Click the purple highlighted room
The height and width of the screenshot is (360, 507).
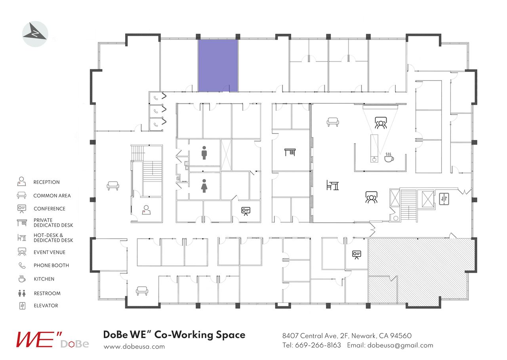pyautogui.click(x=218, y=65)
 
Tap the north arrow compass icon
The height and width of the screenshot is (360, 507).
pyautogui.click(x=35, y=34)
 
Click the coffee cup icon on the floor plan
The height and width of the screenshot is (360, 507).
pyautogui.click(x=389, y=157)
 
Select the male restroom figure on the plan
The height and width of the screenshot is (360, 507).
pyautogui.click(x=204, y=153)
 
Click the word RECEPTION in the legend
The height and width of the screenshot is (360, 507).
pyautogui.click(x=46, y=182)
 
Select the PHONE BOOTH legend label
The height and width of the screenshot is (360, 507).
pyautogui.click(x=51, y=266)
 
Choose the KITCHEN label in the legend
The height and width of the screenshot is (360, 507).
pyautogui.click(x=44, y=279)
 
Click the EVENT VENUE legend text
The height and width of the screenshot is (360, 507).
pyautogui.click(x=50, y=252)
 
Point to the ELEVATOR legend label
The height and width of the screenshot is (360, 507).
pyautogui.click(x=46, y=306)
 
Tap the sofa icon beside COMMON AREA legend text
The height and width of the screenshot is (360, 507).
pyautogui.click(x=21, y=195)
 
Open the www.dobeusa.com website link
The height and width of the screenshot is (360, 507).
pyautogui.click(x=134, y=347)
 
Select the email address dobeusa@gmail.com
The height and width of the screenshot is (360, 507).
pyautogui.click(x=400, y=345)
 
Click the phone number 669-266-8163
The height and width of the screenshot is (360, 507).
pyautogui.click(x=318, y=345)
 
